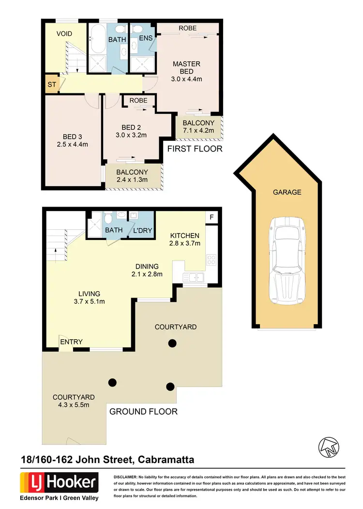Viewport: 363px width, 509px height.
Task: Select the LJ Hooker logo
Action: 59,482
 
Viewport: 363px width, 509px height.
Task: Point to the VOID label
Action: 64,34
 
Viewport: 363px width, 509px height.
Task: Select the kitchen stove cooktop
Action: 211,260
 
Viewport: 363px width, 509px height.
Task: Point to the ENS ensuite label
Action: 146,38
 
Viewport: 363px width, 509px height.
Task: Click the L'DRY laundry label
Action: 142,230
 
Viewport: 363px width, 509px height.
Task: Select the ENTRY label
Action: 71,342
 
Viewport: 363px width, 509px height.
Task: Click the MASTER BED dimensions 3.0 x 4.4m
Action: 186,79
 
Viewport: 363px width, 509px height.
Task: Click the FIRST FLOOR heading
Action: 195,149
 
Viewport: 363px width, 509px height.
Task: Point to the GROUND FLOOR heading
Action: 143,412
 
